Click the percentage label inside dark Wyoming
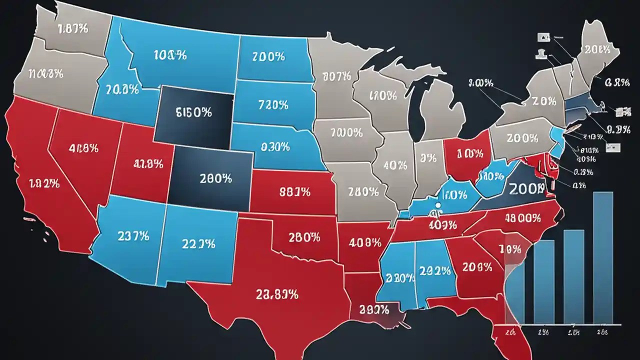click(193, 112)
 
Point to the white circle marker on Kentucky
click(438, 205)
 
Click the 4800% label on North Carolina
click(522, 218)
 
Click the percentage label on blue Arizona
click(133, 236)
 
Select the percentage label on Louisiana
click(372, 310)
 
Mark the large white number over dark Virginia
click(526, 188)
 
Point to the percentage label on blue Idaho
click(122, 89)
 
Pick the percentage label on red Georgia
click(477, 267)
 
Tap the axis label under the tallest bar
click(602, 331)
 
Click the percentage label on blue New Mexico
click(198, 244)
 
